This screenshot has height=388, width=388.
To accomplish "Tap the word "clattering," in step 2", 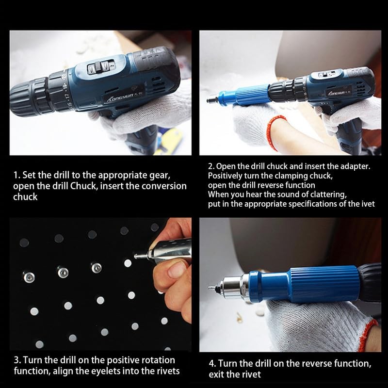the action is pyautogui.click(x=329, y=194).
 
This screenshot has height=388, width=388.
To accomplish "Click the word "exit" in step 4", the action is pyautogui.click(x=216, y=374).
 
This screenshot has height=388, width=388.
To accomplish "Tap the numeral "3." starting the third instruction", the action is pyautogui.click(x=17, y=360).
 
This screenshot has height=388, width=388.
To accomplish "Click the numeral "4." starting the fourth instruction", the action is pyautogui.click(x=212, y=363).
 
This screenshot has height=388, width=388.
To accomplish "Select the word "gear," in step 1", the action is pyautogui.click(x=160, y=176).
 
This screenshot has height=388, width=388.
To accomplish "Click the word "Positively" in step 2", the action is pyautogui.click(x=225, y=176).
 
